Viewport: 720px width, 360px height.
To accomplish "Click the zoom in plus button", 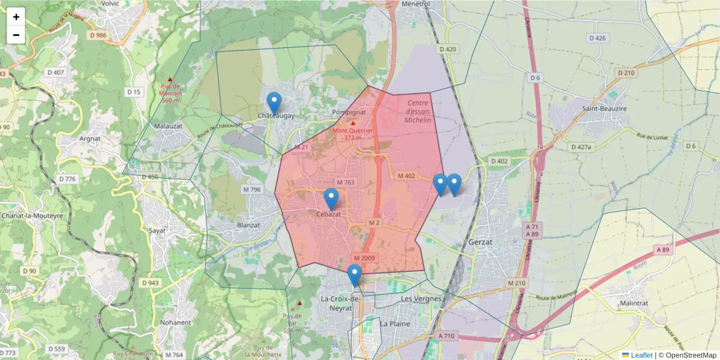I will coord(16,17).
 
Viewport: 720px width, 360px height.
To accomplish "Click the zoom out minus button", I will coord(16,35).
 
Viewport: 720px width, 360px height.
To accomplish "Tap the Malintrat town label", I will coord(637,304).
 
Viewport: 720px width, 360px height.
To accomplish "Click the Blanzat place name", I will coord(249,225).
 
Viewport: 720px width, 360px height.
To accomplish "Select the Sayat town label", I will coord(157,230).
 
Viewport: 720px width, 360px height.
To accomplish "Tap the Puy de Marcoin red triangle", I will coord(170,80).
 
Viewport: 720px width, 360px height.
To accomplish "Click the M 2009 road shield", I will coord(364,258).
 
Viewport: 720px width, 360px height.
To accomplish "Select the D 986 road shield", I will coord(97,35).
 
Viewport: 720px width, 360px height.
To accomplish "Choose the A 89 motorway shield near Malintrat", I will coord(662,250).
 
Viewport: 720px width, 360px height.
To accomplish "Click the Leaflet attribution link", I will coord(637,355).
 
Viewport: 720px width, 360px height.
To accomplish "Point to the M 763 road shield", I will coord(346,182).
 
